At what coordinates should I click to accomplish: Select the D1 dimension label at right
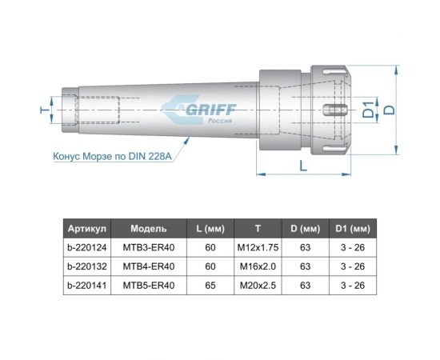point(368,109)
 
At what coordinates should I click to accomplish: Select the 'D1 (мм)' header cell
point(352,228)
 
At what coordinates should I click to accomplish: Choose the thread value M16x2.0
point(258,266)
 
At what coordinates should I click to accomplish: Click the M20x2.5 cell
point(258,284)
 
